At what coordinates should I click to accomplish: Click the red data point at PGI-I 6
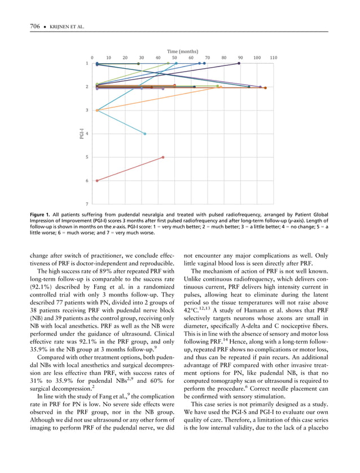pos(98,180)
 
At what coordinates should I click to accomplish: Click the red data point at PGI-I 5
pos(163,157)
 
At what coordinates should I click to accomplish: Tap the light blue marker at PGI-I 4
pos(145,134)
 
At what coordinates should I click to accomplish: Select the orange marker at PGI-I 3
pos(98,110)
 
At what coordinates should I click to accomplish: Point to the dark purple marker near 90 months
pos(239,64)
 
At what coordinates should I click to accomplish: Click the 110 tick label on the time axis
pos(274,58)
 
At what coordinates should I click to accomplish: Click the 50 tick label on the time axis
pos(175,58)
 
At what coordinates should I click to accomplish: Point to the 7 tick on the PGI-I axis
pos(87,204)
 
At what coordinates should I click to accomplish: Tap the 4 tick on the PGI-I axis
pos(87,134)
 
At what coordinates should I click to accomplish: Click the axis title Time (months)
pos(182,51)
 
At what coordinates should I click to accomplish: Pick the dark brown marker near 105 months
pos(265,87)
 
